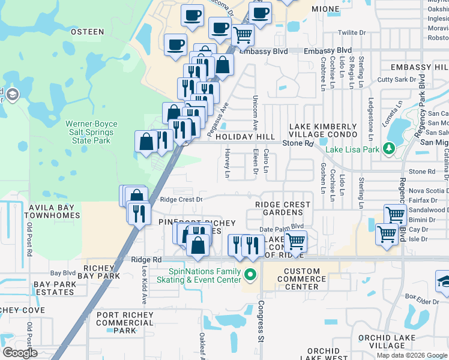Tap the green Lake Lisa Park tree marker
(389, 148)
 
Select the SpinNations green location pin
(251, 275)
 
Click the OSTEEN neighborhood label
(87, 31)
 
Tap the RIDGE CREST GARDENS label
(283, 209)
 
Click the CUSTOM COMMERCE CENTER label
(302, 279)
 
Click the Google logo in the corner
(20, 352)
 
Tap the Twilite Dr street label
(351, 33)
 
